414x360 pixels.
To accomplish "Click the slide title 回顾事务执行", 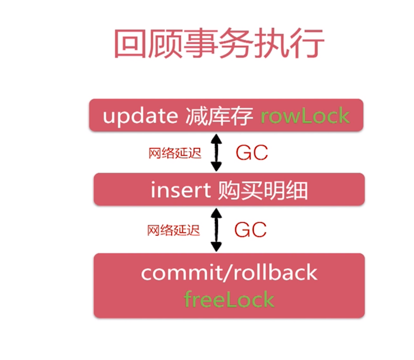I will (219, 44).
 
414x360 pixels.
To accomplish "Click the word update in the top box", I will (140, 116).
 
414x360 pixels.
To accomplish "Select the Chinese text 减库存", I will (218, 116).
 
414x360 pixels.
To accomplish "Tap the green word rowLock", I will (305, 116).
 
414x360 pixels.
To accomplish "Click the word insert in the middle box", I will (180, 191).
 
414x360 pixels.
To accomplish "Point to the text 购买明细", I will (263, 191).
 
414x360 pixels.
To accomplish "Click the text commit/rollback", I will (229, 272).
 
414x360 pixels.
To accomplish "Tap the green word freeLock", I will (229, 299).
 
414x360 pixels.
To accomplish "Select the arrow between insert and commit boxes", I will (216, 230).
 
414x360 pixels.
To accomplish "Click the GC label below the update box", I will (251, 153).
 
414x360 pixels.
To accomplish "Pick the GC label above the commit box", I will (250, 230).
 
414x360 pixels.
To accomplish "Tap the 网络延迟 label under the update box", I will (175, 153).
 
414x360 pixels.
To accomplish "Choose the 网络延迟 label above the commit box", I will (174, 230).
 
